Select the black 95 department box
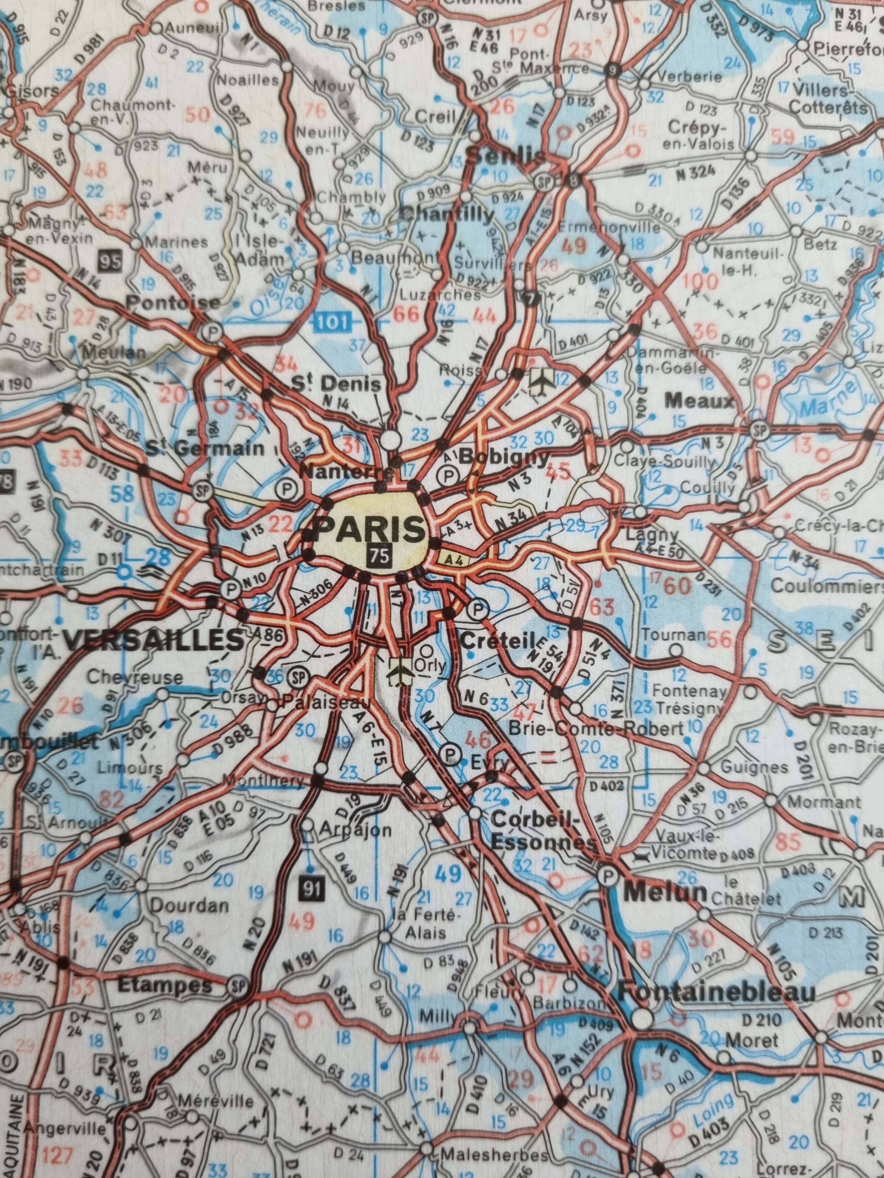point(110,261)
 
